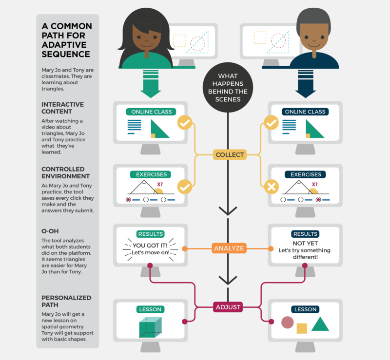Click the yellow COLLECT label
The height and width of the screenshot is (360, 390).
(x=229, y=155)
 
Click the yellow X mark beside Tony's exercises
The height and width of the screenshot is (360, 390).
(x=271, y=187)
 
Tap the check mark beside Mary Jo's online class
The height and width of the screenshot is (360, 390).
(x=185, y=123)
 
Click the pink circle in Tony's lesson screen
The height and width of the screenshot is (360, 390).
(x=288, y=322)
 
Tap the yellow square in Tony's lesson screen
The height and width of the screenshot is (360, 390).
(x=302, y=328)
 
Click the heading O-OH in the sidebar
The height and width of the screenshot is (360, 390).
(x=50, y=232)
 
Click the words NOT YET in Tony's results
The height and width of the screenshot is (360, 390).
(x=305, y=243)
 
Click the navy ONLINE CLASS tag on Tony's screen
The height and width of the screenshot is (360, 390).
(x=305, y=112)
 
